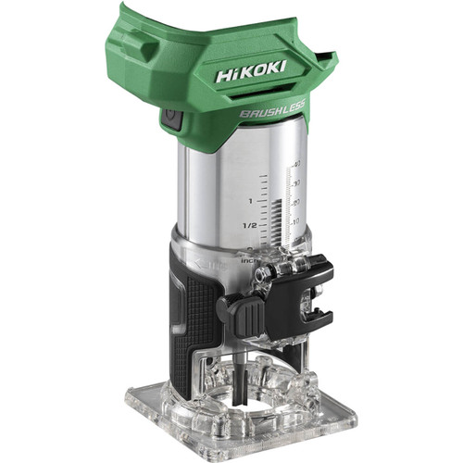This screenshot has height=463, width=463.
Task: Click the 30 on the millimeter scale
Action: pos(296,183)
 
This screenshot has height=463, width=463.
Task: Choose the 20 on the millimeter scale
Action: pos(295,203)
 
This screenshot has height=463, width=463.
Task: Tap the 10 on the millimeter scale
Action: pos(294,222)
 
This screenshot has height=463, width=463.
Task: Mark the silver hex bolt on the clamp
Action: pos(274,269)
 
